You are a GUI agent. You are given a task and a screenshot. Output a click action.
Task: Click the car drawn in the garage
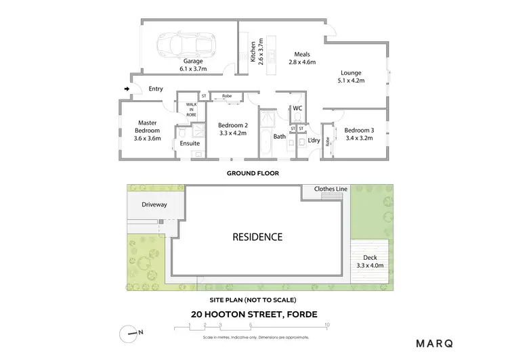[x=180, y=45]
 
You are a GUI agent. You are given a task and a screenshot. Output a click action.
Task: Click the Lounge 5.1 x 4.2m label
[x=351, y=76]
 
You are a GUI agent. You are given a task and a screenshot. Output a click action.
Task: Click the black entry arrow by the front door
[x=127, y=89]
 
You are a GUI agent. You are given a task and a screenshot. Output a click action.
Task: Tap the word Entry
[x=156, y=89]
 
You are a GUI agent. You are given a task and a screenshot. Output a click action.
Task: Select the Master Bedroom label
[x=147, y=127]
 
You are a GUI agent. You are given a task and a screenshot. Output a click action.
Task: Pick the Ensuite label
[x=190, y=143]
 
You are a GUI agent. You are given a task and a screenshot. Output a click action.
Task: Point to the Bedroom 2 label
[x=232, y=129]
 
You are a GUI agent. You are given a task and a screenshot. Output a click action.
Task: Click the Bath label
[x=279, y=137]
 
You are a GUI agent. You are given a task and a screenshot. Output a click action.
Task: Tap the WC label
[x=297, y=108]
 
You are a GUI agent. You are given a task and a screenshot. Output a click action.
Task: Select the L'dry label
[x=314, y=140]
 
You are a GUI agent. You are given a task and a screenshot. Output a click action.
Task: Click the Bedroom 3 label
[x=359, y=133]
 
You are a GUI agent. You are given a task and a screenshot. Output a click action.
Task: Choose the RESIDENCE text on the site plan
[x=257, y=237]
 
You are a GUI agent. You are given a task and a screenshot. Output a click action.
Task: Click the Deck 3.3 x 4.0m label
[x=370, y=261]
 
